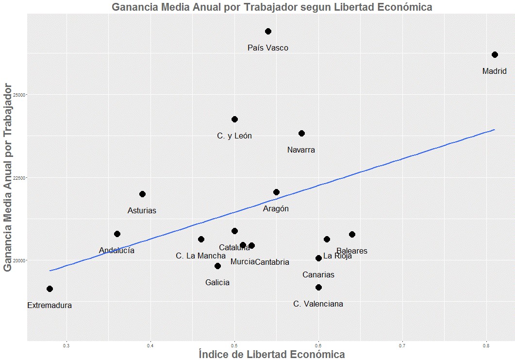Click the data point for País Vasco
(x=268, y=31)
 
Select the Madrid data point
(x=495, y=54)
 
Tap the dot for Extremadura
(x=50, y=289)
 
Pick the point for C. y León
(x=234, y=119)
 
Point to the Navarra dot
(x=301, y=133)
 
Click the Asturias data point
(x=142, y=194)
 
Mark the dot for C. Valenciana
(x=318, y=287)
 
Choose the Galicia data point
(x=217, y=266)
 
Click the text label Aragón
(x=276, y=209)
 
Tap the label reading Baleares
(x=352, y=251)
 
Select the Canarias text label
(x=318, y=275)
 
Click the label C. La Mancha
(x=200, y=256)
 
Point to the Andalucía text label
(x=116, y=251)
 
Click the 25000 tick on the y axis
(x=19, y=94)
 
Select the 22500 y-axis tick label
(x=19, y=177)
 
